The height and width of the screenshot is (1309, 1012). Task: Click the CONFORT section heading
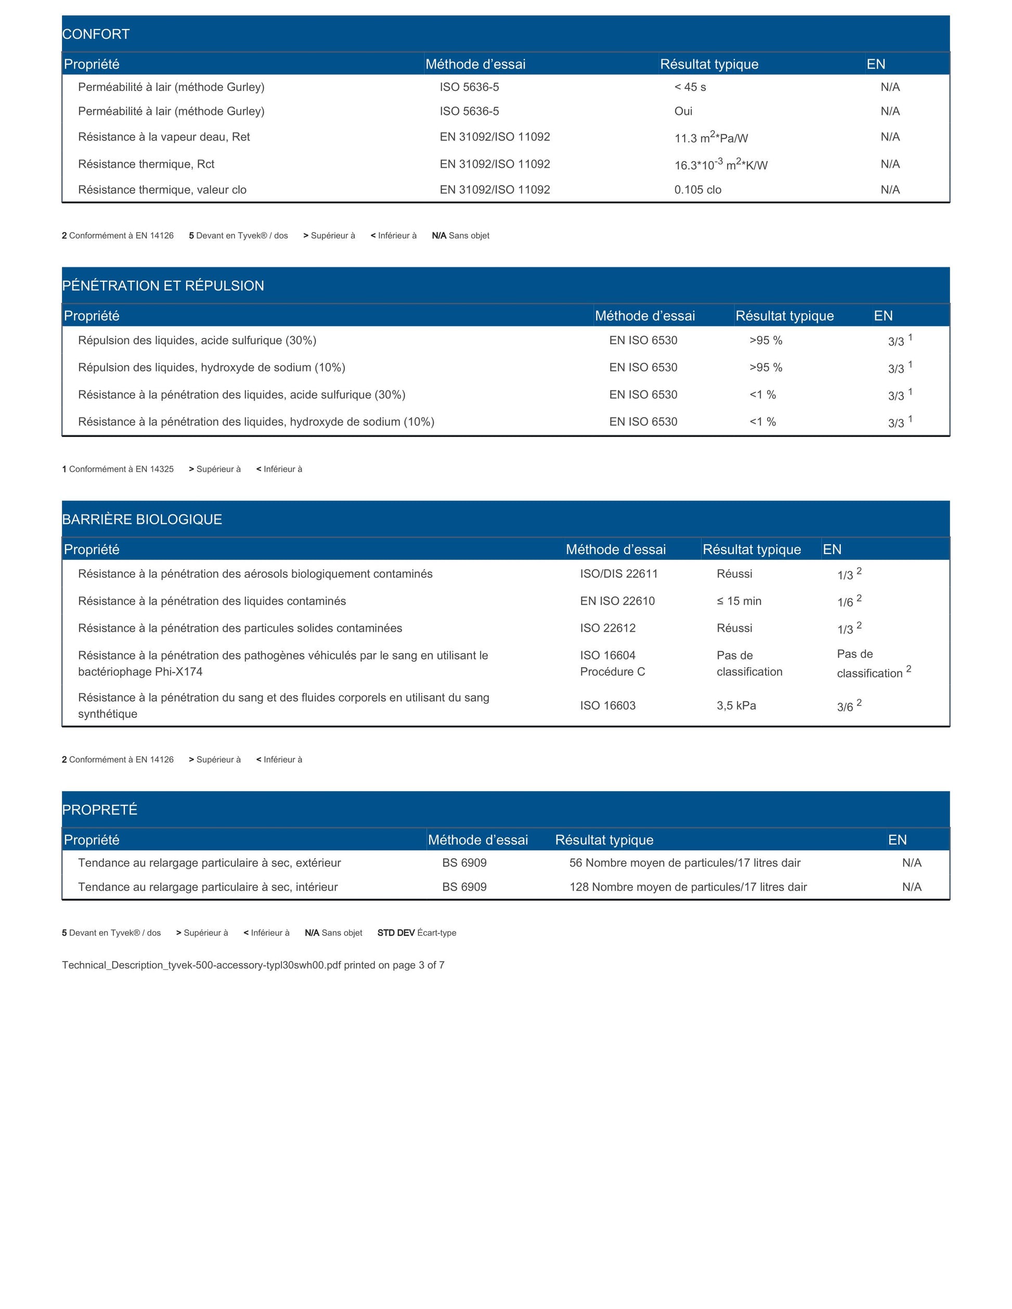pos(96,34)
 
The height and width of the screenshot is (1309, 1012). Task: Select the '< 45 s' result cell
pos(690,87)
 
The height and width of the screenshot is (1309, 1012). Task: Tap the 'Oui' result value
pos(683,111)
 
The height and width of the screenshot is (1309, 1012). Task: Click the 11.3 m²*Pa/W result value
pos(711,138)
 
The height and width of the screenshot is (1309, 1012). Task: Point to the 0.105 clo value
pos(697,189)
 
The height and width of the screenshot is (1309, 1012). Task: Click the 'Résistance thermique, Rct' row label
pos(146,164)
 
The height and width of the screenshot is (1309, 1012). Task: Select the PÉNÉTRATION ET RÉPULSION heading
pos(163,285)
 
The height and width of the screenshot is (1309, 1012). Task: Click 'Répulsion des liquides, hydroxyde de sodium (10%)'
pos(211,368)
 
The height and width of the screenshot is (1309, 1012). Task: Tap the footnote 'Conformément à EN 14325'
pos(118,469)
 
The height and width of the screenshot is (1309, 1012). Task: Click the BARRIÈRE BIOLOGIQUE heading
pos(142,519)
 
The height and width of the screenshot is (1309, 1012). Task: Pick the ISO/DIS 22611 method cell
pos(619,573)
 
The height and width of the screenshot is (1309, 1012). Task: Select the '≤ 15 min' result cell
pos(738,600)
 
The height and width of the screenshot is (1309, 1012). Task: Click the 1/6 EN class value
pos(846,602)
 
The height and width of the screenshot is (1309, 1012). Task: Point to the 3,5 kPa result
pos(736,705)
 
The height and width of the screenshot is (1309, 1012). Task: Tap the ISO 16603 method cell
pos(607,705)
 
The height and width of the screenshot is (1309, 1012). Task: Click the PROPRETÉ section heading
pos(99,810)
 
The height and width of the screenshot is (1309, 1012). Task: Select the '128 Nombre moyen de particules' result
pos(687,886)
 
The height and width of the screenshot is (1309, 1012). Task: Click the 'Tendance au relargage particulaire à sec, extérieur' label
pos(209,862)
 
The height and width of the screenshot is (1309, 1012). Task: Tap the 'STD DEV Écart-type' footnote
pos(417,933)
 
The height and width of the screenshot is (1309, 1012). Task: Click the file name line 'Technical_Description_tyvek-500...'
pos(253,965)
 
